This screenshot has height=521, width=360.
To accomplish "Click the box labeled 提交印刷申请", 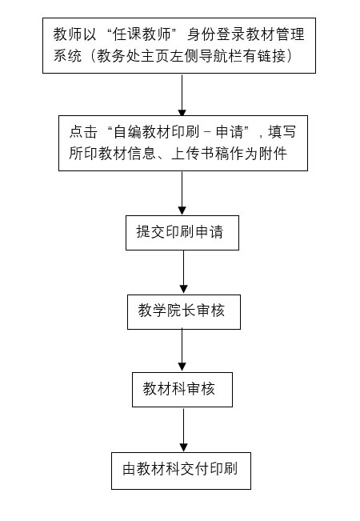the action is click(182, 233).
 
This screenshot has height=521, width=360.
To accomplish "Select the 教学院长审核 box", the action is click(184, 311).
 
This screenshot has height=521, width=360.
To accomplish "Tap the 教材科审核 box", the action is click(182, 390).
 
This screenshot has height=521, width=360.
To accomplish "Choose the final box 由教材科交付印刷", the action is click(181, 471).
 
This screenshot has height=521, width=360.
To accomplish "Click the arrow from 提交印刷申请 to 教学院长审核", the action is click(183, 272).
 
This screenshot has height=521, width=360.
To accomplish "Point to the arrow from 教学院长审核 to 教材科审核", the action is click(182, 351).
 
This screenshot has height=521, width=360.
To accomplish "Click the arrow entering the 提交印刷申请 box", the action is click(182, 194).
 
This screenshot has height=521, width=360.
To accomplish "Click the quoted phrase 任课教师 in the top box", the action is click(142, 34).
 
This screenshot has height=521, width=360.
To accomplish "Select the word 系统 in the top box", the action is click(67, 55).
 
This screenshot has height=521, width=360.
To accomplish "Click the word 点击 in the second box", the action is click(83, 132).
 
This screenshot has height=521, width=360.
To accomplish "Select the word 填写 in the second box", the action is click(282, 132).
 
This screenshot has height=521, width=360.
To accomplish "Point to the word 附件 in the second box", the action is click(274, 153).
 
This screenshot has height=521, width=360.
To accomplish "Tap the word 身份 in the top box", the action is click(202, 34).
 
